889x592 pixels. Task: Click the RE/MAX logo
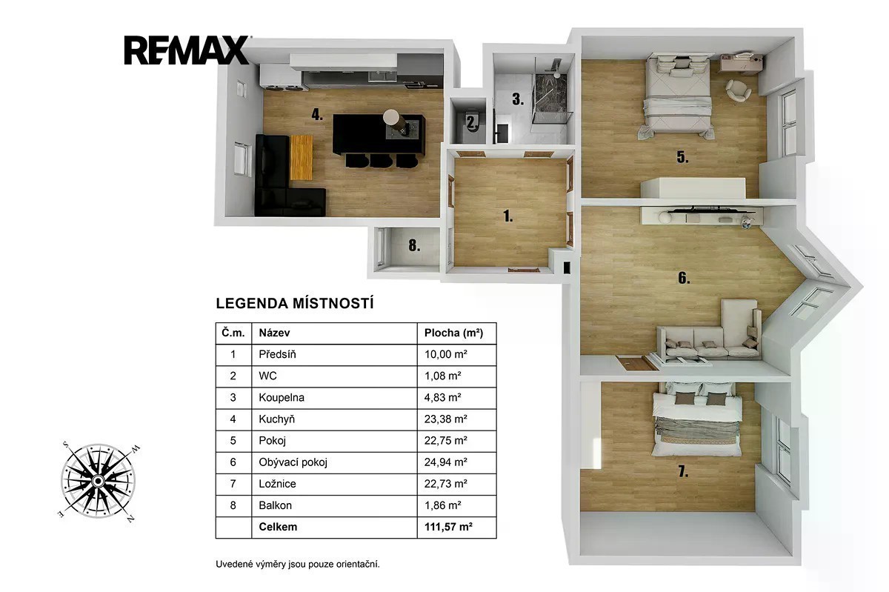point(187,50)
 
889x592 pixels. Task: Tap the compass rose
point(99,481)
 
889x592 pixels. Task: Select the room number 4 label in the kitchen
point(317,115)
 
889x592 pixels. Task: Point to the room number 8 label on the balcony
point(414,246)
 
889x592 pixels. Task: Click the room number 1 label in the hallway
point(508,216)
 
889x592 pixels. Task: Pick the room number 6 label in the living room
point(683,278)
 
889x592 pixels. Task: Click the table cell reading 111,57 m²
point(448,527)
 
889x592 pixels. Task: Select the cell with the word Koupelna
point(282,397)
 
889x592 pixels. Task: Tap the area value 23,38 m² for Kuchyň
point(446,419)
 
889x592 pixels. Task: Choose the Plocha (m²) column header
point(453,333)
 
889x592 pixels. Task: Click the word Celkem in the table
point(278,527)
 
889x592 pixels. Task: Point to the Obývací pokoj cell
point(293,462)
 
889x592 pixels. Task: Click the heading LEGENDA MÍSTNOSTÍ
point(295,303)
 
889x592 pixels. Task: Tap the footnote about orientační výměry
point(298,564)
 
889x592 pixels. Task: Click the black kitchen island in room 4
point(379,134)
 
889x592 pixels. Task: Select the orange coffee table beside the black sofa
point(302,157)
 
